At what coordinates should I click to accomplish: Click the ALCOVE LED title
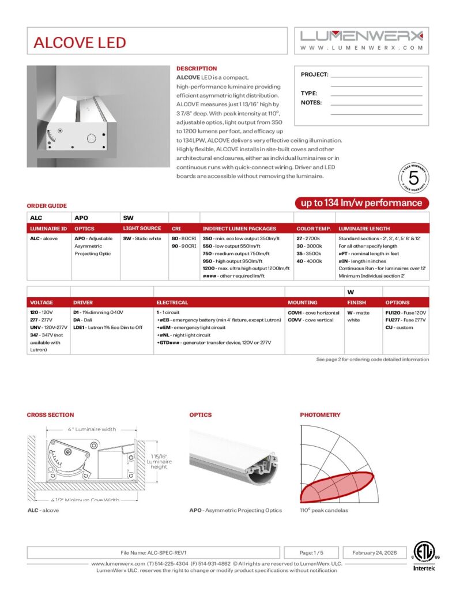[x=80, y=42]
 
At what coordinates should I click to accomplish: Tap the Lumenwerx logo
[x=362, y=35]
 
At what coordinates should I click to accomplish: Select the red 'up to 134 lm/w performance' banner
[x=362, y=203]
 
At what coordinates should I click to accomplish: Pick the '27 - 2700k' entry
[x=308, y=238]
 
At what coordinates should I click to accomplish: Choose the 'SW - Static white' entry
[x=142, y=238]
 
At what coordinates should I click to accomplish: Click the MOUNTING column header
[x=302, y=302]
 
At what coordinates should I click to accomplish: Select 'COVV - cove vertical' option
[x=310, y=320]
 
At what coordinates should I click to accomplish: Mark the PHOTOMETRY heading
[x=320, y=415]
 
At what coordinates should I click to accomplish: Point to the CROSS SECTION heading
[x=50, y=415]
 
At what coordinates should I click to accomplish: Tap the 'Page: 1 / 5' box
[x=311, y=552]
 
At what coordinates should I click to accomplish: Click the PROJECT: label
[x=314, y=74]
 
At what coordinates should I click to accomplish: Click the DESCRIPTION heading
[x=197, y=69]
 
